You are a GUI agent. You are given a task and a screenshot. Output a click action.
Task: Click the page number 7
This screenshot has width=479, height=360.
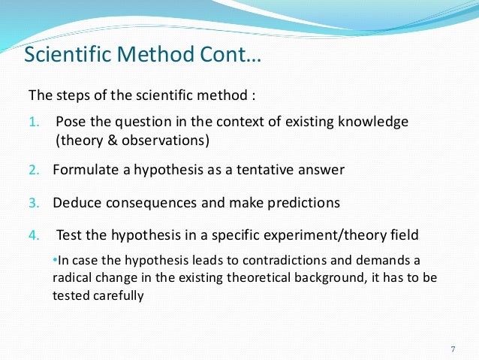pyautogui.click(x=452, y=349)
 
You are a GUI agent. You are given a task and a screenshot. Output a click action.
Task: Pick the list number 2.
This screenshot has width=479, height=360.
pyautogui.click(x=33, y=170)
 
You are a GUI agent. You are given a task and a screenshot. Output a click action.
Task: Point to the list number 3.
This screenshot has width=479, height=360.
pyautogui.click(x=33, y=203)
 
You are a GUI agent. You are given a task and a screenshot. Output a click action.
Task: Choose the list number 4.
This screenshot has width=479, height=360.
pyautogui.click(x=33, y=236)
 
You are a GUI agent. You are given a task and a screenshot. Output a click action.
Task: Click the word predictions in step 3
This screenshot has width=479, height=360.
pyautogui.click(x=303, y=203)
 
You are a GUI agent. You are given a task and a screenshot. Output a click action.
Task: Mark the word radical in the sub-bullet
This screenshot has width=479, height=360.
pyautogui.click(x=74, y=278)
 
